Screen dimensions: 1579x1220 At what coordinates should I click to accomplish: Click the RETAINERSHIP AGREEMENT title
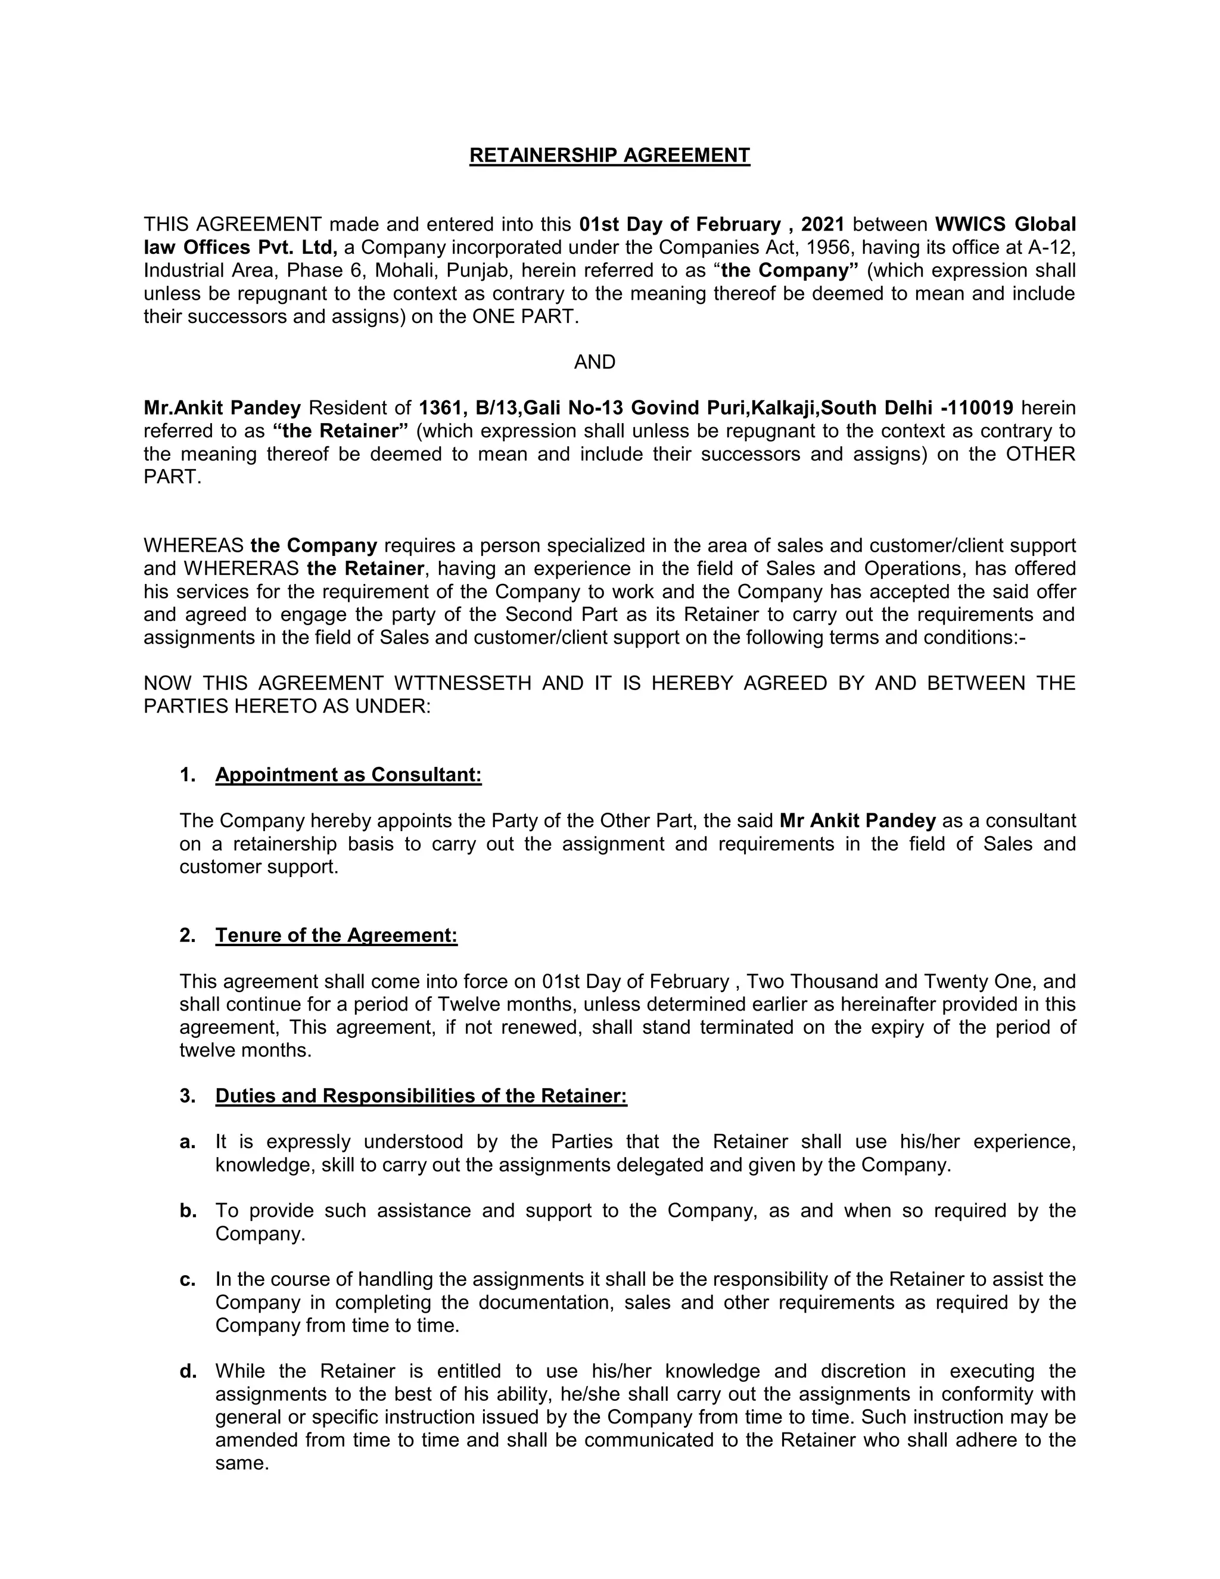(609, 156)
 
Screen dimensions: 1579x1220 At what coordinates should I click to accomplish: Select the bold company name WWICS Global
(1004, 224)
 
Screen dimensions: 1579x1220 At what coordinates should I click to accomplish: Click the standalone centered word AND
(594, 362)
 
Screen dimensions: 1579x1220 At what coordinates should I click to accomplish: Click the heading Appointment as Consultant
(348, 775)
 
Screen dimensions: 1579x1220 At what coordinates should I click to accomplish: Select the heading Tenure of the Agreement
(336, 935)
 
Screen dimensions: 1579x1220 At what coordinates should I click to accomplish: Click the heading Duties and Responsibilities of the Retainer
(421, 1096)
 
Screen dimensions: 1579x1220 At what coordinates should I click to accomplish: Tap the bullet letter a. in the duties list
(188, 1142)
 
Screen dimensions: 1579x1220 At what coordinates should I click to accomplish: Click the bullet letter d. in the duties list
(188, 1372)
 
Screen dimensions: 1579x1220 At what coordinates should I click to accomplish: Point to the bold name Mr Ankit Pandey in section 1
(857, 821)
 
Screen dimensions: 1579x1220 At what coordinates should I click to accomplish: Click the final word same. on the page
(242, 1463)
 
